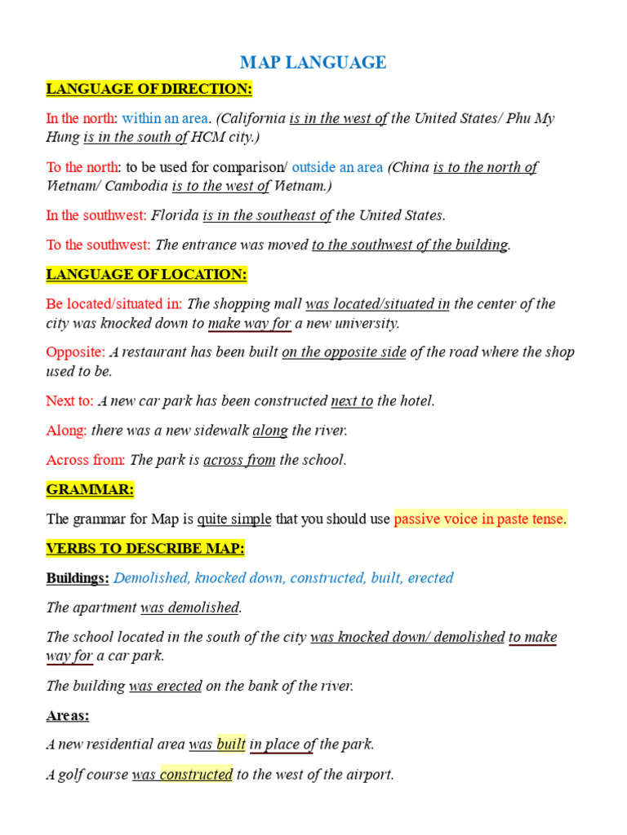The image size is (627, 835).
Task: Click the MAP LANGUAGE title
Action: click(x=313, y=63)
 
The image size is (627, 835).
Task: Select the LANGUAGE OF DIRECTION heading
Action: click(x=149, y=89)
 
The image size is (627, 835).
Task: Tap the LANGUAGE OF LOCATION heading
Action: click(x=147, y=274)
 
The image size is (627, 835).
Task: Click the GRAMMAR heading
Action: click(x=90, y=489)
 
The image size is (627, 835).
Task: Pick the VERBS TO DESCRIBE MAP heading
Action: click(x=145, y=548)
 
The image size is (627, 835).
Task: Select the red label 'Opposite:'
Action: click(x=76, y=352)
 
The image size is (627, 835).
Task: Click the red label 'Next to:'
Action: click(x=70, y=400)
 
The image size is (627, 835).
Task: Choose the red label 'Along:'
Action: click(x=67, y=430)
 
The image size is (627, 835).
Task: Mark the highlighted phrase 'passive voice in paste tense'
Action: click(x=479, y=519)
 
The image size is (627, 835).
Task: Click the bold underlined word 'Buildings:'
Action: click(x=78, y=577)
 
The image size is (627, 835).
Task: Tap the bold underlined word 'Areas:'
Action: click(x=68, y=715)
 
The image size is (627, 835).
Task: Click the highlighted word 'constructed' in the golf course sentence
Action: click(x=196, y=774)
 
